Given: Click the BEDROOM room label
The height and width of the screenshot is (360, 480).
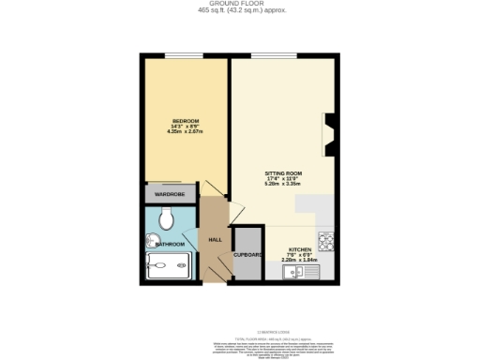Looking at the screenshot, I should coord(184,121).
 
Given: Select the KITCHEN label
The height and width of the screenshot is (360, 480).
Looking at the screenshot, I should coord(299,249).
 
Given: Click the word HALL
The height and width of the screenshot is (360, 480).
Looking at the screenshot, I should coord(214,240).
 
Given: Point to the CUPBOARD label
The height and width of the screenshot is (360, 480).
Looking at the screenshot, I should coord(247,254).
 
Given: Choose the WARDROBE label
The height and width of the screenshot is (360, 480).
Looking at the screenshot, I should coord(170,194).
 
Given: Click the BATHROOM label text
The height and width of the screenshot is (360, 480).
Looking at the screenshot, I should coord(170,244).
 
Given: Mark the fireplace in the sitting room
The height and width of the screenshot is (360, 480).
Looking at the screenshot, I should coord(328,133).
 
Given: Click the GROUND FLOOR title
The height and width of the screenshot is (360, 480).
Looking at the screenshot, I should coord(241,5).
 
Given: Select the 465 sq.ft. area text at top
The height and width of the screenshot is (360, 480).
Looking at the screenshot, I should coord(241,11).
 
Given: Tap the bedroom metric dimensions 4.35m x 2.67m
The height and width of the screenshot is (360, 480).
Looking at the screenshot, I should coord(184,131).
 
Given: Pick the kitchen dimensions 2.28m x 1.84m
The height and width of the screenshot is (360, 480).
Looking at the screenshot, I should coord(299,261).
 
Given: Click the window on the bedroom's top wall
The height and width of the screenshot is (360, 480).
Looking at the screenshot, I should coord(184,55).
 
